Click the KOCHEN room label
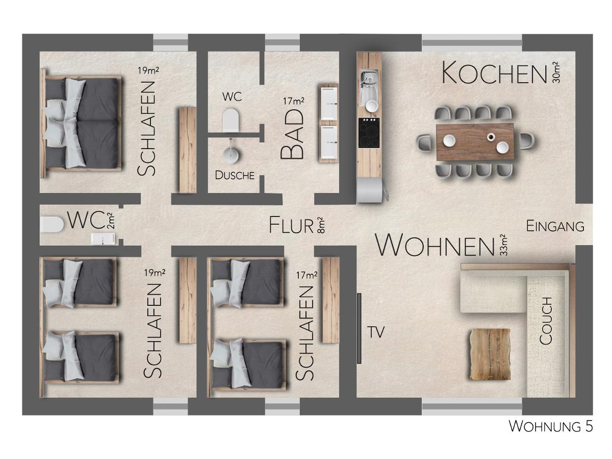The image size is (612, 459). tap(494, 73)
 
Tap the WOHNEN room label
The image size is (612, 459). tap(435, 245)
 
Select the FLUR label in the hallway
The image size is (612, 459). tap(291, 226)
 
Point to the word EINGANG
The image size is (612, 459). tap(555, 226)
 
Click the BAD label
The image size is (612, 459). tap(292, 134)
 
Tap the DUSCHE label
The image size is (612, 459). tap(235, 175)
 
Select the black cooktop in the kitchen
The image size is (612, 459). tap(369, 133)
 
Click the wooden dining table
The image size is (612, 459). tap(475, 142)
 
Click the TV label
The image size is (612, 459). tap(376, 332)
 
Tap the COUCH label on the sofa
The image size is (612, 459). tap(546, 321)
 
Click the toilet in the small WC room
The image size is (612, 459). tap(52, 225)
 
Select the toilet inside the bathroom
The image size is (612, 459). tap(231, 119)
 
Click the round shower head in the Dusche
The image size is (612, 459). tap(231, 154)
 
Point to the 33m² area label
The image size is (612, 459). tap(503, 245)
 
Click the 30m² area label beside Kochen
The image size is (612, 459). tap(555, 73)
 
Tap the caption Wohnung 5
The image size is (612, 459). tap(551, 434)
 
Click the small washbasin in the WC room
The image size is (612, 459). tap(103, 239)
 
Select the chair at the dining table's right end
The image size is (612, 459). tap(526, 141)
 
